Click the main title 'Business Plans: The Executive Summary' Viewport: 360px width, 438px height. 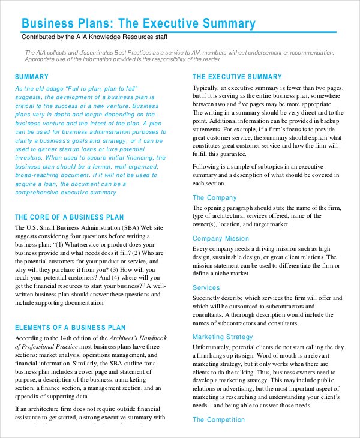(138, 23)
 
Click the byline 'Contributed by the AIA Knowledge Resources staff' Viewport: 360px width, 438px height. (94, 37)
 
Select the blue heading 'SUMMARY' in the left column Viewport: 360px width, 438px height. (31, 77)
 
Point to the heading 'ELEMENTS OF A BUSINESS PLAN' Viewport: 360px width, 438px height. (70, 328)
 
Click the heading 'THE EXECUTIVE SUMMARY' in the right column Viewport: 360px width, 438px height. (236, 77)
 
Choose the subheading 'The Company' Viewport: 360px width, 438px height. (214, 197)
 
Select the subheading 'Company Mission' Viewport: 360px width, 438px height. (220, 238)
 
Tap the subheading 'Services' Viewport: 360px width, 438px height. (206, 287)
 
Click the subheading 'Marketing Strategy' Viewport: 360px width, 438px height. (223, 337)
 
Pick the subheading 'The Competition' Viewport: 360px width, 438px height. (219, 419)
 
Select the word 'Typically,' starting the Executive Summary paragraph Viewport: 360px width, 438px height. (207, 88)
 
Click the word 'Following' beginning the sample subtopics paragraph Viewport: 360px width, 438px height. (207, 166)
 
